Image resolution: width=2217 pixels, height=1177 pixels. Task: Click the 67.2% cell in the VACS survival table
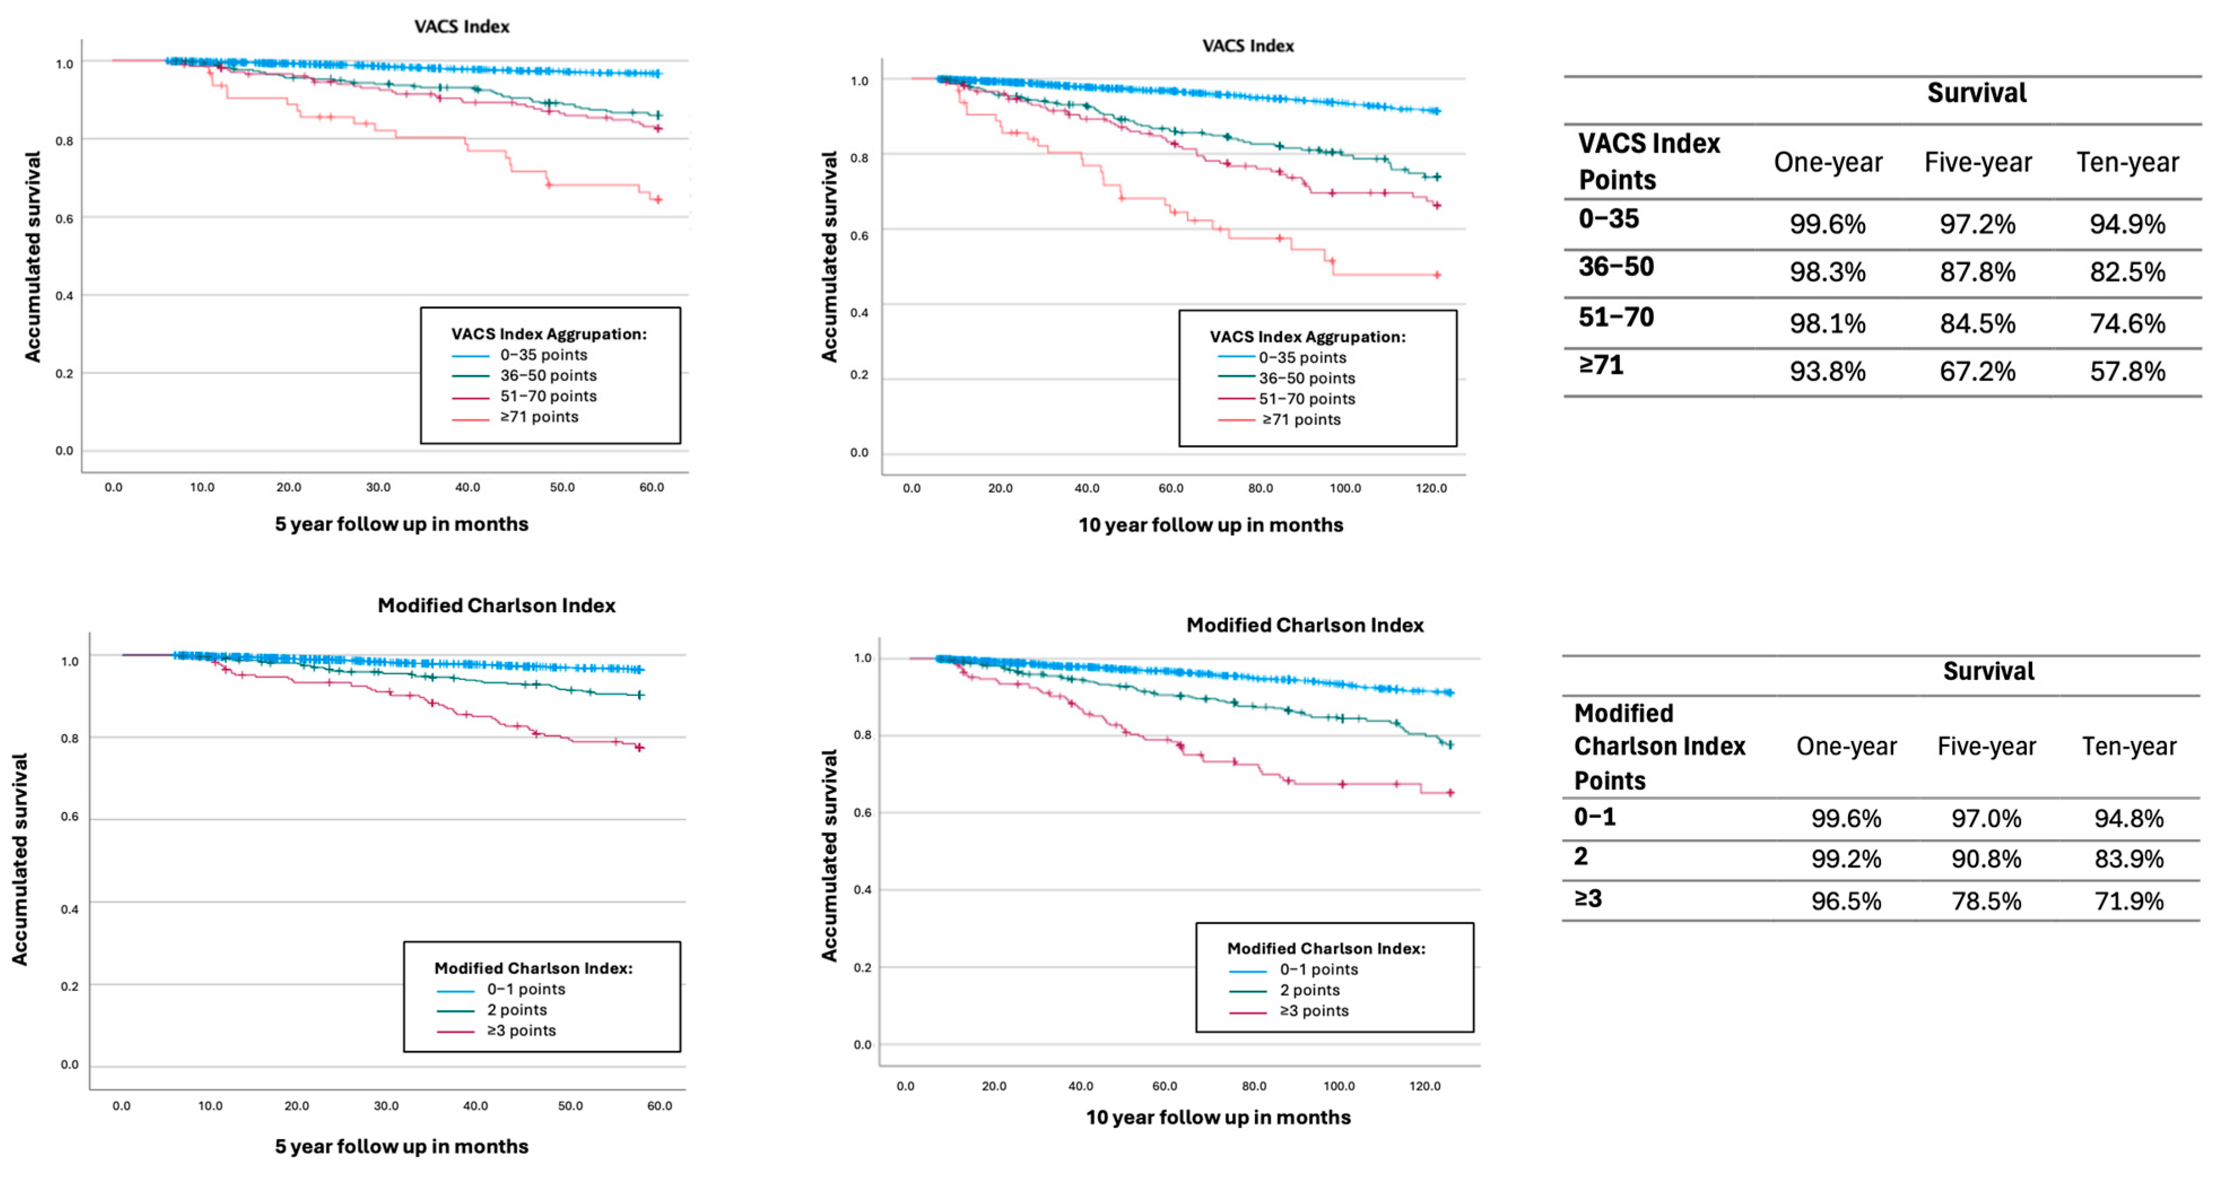pyautogui.click(x=1977, y=372)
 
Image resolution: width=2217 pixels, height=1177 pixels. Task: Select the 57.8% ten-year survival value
pyautogui.click(x=2128, y=372)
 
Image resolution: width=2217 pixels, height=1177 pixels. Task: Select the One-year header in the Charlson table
pyautogui.click(x=1846, y=746)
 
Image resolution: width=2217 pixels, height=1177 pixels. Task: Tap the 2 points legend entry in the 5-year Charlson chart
pyautogui.click(x=491, y=1010)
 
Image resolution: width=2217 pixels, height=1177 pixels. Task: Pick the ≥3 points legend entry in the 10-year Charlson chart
pyautogui.click(x=1288, y=1011)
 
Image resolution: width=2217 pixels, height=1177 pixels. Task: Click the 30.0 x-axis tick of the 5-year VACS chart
pyautogui.click(x=378, y=487)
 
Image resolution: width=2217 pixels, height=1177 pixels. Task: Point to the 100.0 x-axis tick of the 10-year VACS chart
pyautogui.click(x=1345, y=488)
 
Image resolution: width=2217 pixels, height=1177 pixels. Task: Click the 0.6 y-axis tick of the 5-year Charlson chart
pyautogui.click(x=69, y=817)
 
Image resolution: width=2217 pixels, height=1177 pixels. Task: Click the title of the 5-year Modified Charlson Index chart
pyautogui.click(x=496, y=605)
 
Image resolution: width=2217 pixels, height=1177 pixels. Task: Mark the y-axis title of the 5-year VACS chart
pyautogui.click(x=33, y=256)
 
